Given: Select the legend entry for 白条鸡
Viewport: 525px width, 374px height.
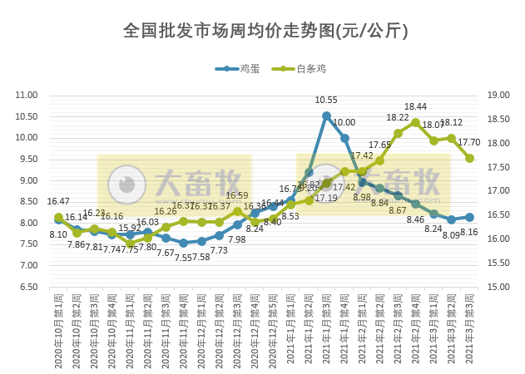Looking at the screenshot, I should pos(310,69).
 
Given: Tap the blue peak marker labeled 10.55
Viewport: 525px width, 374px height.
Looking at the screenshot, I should pos(326,116).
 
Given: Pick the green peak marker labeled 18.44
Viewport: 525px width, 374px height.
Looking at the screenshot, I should pos(415,122).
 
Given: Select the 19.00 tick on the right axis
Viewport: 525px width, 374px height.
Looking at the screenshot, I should pos(497,95).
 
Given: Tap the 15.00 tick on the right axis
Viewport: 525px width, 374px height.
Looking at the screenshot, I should pos(497,287).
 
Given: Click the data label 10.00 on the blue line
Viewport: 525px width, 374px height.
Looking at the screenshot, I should pos(344,123).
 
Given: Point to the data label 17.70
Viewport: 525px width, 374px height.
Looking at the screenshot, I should pos(469,143).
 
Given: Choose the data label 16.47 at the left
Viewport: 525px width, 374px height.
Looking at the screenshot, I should pos(58,201).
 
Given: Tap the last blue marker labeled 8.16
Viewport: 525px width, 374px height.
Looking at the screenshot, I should pos(469,217).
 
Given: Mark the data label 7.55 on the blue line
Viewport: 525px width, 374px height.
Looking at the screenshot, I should pos(183,258).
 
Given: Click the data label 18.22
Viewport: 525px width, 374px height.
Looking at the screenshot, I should pos(397,118).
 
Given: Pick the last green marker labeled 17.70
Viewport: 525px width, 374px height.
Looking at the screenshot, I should pos(469,158).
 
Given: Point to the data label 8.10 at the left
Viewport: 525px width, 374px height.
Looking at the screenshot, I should pos(58,235).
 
